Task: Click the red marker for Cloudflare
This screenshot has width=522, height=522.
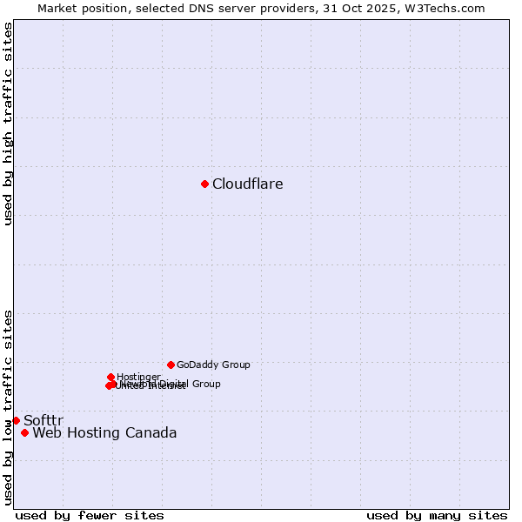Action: point(204,184)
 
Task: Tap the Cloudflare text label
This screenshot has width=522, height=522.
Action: point(248,184)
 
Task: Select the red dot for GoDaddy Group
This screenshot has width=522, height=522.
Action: point(171,365)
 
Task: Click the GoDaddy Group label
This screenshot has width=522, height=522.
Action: point(213,365)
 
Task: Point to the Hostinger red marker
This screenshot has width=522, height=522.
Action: point(111,377)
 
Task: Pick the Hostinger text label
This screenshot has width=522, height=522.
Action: point(138,377)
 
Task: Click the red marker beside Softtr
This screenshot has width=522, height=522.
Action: point(16,420)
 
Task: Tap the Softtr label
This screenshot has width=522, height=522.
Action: point(43,421)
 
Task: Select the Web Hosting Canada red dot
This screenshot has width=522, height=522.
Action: point(24,432)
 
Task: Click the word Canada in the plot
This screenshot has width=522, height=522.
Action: point(150,433)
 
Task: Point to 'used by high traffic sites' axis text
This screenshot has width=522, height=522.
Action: point(8,124)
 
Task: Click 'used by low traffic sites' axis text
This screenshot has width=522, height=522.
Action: point(8,407)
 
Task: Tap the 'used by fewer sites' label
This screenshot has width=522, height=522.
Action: point(90,515)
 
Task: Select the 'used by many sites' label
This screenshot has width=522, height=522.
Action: point(437,515)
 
